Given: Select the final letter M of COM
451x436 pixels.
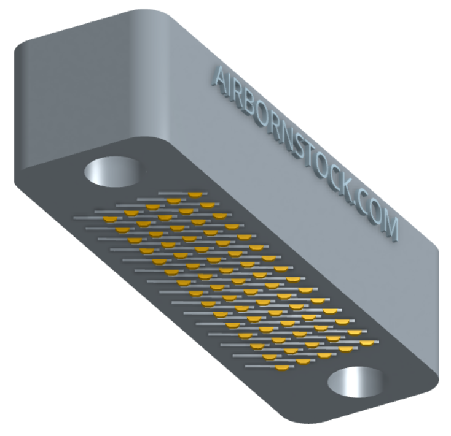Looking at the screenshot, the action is click(389, 228).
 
